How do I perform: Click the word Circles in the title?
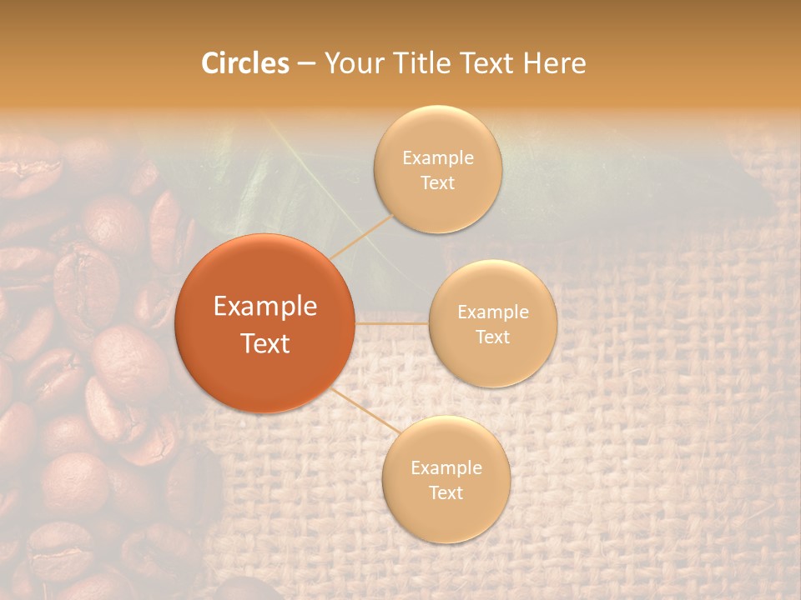[x=245, y=63]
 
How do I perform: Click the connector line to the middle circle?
[x=392, y=322]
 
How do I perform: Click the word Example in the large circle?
[x=264, y=307]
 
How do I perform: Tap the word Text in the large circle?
[x=264, y=343]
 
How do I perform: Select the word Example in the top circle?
[x=437, y=157]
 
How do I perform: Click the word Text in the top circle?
[x=437, y=182]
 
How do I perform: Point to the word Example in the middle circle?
[x=492, y=312]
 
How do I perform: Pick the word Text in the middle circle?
[x=492, y=337]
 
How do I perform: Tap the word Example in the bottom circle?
[x=446, y=467]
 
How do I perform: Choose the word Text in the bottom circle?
[x=446, y=492]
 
